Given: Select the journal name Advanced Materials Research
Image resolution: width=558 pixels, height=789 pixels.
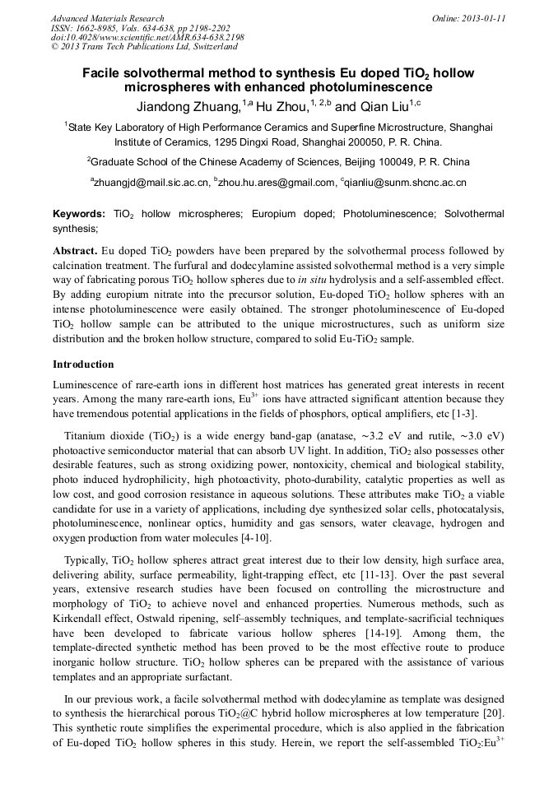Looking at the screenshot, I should [108, 18].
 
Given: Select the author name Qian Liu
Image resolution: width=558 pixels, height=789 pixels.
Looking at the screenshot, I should [383, 106].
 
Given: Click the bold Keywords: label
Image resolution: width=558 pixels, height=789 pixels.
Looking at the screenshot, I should [79, 214].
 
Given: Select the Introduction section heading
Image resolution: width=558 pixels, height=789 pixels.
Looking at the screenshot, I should [83, 364].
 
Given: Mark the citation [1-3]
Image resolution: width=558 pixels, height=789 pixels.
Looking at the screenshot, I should [463, 413].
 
